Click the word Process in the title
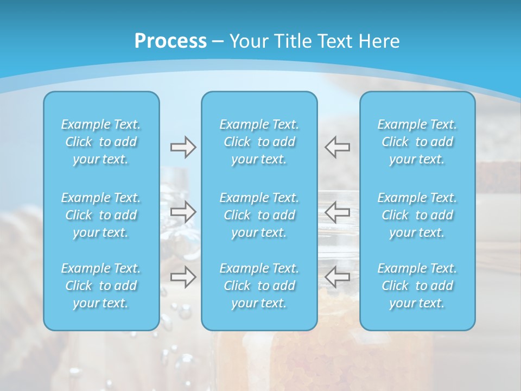click(170, 41)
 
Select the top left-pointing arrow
click(338, 147)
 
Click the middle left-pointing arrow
click(338, 211)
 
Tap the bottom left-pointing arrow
click(338, 277)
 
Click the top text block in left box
click(101, 142)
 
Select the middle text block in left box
click(101, 215)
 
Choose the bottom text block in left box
click(101, 286)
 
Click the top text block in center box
click(259, 142)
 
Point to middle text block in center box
click(259, 215)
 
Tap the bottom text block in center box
click(259, 286)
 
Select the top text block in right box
click(417, 142)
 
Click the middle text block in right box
click(417, 215)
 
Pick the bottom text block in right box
click(417, 286)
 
